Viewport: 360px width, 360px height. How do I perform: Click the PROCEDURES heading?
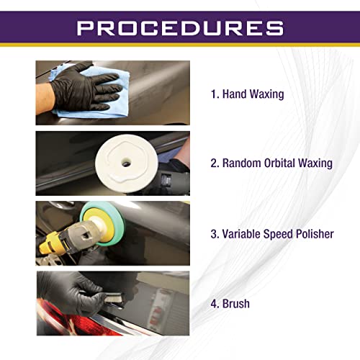180,28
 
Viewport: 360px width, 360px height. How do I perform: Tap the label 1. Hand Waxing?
247,94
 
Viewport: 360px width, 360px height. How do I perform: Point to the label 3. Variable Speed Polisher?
272,234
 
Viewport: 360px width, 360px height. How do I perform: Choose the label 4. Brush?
230,303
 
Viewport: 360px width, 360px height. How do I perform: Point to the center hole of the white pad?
127,163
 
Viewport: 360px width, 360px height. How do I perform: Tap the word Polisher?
313,234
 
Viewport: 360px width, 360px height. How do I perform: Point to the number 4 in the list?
214,303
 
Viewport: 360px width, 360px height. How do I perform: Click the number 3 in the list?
214,234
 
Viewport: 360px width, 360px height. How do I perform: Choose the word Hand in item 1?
235,94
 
